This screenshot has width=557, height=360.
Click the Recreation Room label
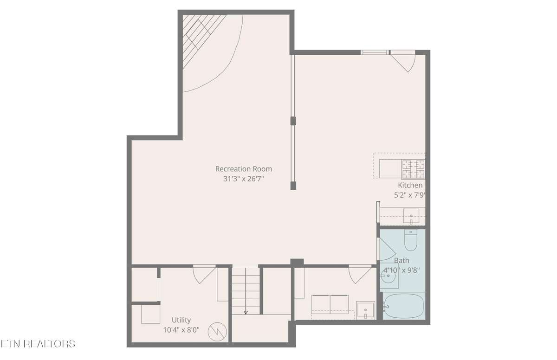243,169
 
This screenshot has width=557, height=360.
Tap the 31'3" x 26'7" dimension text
243,179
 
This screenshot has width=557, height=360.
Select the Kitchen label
410,186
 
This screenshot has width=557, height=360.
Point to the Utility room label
181,320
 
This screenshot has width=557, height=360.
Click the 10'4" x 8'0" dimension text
181,330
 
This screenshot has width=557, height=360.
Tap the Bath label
402,261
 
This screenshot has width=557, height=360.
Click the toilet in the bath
410,240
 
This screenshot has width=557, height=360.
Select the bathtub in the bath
403,306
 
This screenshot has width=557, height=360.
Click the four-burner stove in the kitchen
413,169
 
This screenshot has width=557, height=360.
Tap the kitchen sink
411,216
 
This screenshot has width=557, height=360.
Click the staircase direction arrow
246,291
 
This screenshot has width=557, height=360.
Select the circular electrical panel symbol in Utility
217,332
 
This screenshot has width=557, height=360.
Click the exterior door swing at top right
403,61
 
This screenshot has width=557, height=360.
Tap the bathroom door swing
387,250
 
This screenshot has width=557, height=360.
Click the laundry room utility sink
365,310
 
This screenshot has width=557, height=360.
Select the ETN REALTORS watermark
38,344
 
